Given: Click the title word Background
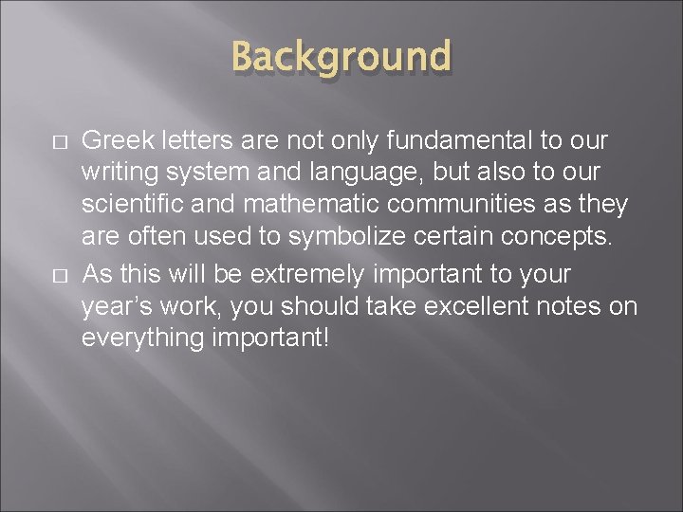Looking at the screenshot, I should (341, 58).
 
